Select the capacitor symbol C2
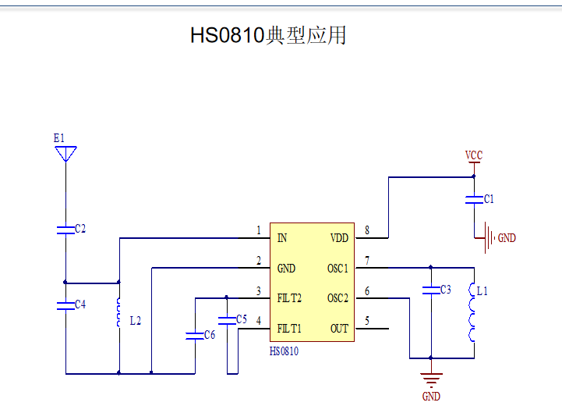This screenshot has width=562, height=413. tap(66, 229)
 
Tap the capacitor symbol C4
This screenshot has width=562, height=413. tap(66, 304)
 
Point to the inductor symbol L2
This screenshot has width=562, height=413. tap(118, 312)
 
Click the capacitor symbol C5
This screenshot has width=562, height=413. tap(227, 319)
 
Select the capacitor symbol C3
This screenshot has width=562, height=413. tap(429, 290)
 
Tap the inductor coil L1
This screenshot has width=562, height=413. tap(472, 312)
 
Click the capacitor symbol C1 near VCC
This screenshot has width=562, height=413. tap(473, 199)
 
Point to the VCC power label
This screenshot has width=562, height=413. tap(473, 155)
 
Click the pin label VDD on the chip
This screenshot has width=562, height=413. tap(339, 238)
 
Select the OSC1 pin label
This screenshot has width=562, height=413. tap(338, 269)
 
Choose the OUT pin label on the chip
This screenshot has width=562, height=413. tap(339, 329)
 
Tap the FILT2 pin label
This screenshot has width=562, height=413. tap(289, 298)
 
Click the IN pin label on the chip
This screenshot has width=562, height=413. tap(281, 238)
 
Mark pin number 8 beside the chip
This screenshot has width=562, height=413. tap(367, 230)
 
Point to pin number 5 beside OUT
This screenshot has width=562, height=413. tap(367, 321)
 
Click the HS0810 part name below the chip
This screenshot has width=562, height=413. tap(285, 351)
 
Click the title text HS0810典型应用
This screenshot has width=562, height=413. tap(268, 35)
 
